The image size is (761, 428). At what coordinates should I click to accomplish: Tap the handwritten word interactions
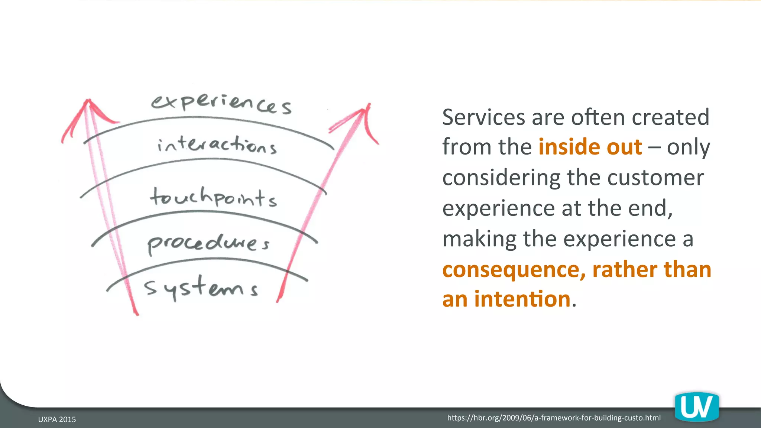[x=217, y=145]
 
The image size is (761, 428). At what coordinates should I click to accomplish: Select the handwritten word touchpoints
[x=213, y=197]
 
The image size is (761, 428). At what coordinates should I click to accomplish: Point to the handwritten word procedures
[x=208, y=243]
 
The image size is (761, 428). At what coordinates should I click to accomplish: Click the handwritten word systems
[x=201, y=288]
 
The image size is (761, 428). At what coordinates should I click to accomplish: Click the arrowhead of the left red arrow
[x=88, y=106]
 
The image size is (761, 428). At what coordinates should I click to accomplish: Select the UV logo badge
[x=697, y=408]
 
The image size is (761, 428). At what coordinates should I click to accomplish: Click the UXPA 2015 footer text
[x=57, y=419]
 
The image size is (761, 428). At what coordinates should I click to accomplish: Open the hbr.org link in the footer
[x=554, y=418]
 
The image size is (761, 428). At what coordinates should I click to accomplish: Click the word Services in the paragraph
[x=483, y=117]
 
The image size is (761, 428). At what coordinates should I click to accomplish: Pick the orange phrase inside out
[x=590, y=147]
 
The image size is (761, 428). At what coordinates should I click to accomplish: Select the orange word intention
[x=522, y=299]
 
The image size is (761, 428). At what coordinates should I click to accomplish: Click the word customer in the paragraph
[x=655, y=178]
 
